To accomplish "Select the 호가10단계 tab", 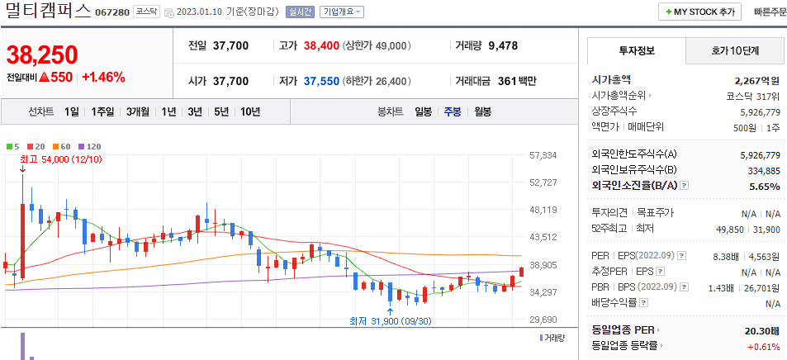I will (x=734, y=50).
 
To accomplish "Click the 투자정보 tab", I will (x=636, y=50).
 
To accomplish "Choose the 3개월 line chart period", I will (x=138, y=111).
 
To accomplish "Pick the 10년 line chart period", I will (x=250, y=111).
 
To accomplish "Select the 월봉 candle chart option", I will (x=482, y=111).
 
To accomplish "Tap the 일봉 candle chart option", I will (x=423, y=111).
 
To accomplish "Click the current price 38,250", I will (x=42, y=54).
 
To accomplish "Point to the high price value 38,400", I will (x=321, y=45).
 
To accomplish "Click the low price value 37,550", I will (x=321, y=81).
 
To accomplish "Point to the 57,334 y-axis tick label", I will (x=543, y=155).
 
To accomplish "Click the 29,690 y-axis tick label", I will (x=543, y=320).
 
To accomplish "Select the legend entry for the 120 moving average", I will (x=91, y=146).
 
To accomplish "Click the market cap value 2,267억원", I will (x=756, y=80).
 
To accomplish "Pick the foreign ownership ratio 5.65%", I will (x=764, y=186).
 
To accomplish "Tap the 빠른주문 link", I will (x=770, y=12).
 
